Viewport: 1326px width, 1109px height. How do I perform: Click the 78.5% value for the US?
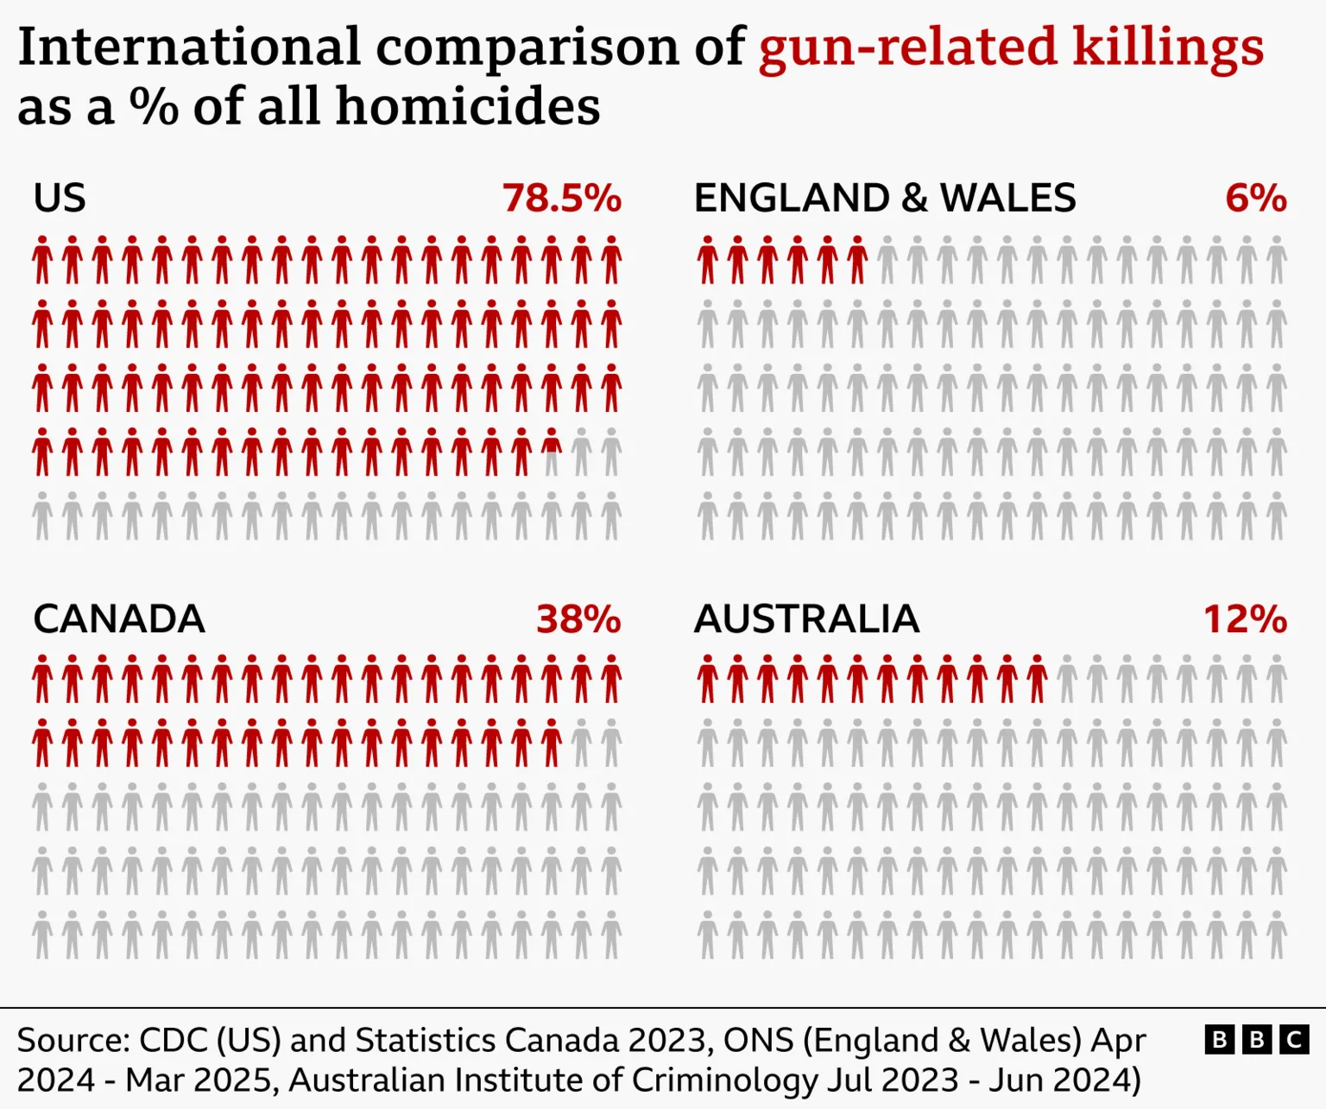point(561,198)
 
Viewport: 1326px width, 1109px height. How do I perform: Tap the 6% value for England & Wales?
point(1255,198)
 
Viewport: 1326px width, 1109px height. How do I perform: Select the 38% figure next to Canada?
point(578,619)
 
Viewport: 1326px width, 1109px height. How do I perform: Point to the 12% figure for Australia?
point(1244,619)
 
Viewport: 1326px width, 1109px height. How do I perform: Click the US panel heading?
point(60,198)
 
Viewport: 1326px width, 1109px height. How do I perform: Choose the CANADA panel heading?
point(119,619)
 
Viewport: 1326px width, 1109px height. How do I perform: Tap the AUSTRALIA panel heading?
point(806,619)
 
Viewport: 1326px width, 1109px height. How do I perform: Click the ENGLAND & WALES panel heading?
point(885,198)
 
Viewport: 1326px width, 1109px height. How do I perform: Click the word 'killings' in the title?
point(1168,47)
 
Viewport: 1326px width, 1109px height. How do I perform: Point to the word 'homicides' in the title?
point(467,107)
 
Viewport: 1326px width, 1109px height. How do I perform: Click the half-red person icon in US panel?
point(552,453)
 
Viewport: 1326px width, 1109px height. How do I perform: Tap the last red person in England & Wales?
point(857,260)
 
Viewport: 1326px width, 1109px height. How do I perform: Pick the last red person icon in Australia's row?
point(1037,679)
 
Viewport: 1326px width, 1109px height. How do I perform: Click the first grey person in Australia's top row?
point(1067,679)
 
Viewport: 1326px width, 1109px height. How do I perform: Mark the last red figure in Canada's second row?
point(552,743)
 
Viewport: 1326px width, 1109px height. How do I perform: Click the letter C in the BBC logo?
point(1293,1039)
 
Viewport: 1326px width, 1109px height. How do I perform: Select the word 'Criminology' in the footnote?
point(723,1080)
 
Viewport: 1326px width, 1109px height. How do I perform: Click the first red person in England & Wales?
point(708,260)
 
